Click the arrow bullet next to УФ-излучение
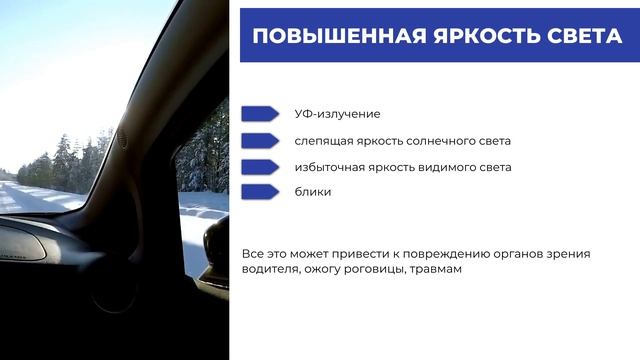(260, 114)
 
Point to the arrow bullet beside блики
(260, 192)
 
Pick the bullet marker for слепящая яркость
(260, 141)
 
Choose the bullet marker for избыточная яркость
(260, 167)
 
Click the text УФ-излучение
(337, 114)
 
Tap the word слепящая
(324, 141)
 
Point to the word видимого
(443, 167)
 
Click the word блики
(313, 192)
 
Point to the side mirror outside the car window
(216, 246)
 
